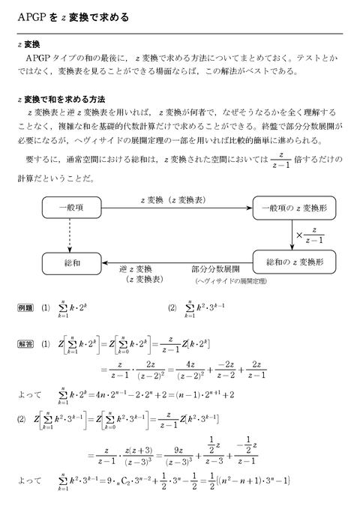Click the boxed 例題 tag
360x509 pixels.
(25, 308)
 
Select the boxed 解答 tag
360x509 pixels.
(25, 345)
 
